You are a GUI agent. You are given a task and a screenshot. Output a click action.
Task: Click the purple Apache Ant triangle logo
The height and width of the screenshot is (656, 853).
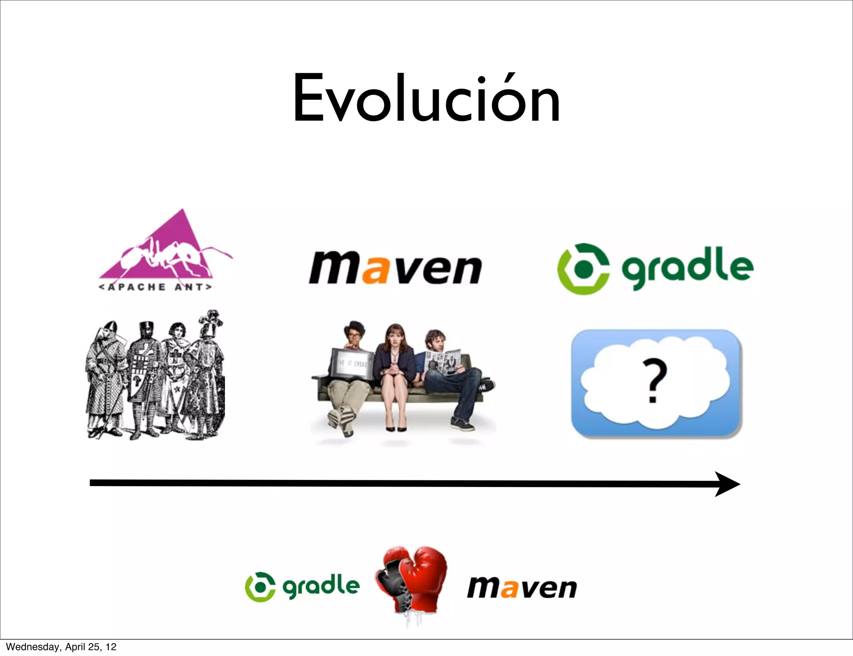(167, 250)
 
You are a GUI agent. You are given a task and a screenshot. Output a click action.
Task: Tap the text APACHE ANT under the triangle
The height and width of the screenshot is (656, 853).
(155, 287)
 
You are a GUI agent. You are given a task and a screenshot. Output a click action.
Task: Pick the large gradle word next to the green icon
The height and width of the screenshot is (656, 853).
(687, 266)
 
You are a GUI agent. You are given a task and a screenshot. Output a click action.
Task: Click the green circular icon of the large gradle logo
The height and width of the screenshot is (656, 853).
(583, 269)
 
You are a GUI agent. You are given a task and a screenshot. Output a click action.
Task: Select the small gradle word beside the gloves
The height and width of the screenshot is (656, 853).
(321, 586)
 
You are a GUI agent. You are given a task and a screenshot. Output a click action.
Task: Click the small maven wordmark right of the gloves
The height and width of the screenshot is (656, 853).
(522, 588)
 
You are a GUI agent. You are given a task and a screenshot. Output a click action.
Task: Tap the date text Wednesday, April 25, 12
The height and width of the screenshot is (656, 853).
(61, 647)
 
